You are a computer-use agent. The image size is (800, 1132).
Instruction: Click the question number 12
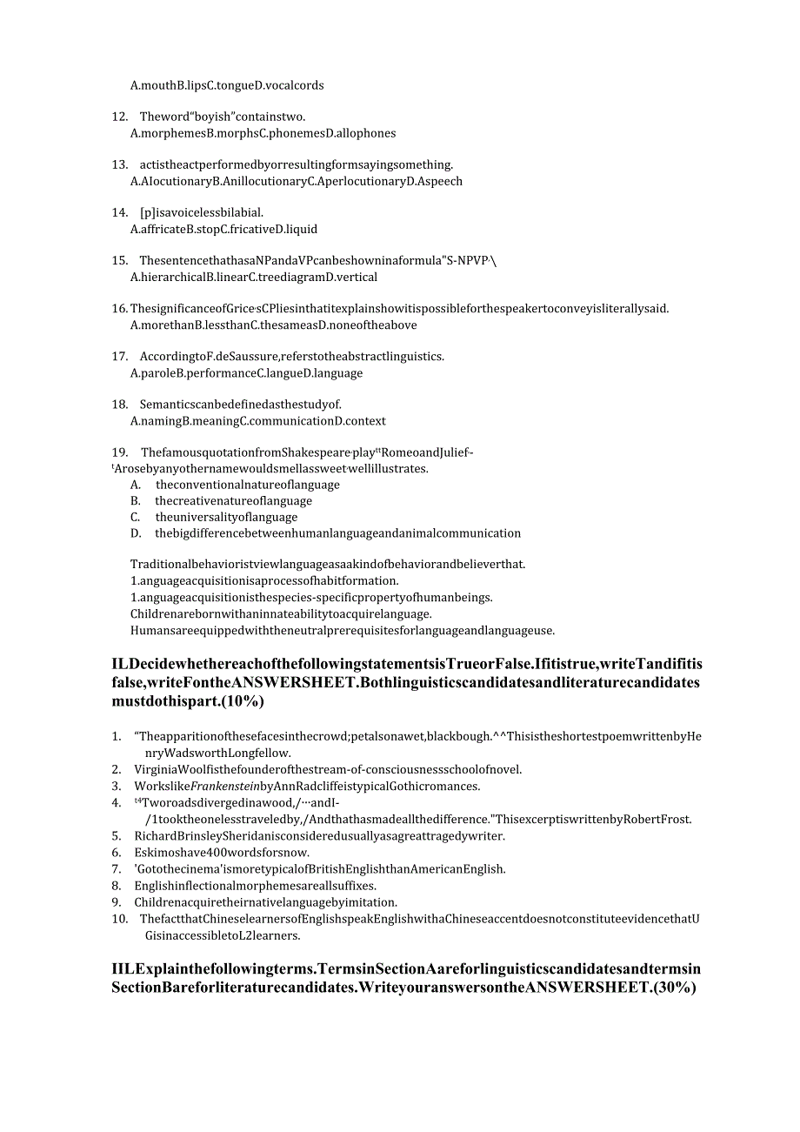(x=120, y=117)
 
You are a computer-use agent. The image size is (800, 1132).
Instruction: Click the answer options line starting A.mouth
(x=227, y=85)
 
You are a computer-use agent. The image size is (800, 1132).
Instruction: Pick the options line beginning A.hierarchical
(x=253, y=278)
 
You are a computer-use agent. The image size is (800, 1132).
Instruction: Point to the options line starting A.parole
(x=246, y=373)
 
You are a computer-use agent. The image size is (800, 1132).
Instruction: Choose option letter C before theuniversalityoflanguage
(x=135, y=518)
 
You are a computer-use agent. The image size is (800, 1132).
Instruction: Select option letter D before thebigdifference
(x=135, y=533)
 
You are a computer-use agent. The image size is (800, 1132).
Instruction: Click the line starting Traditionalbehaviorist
(x=328, y=564)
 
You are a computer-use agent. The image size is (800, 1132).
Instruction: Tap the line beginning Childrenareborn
(x=281, y=613)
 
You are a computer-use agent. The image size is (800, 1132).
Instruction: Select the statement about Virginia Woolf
(x=328, y=770)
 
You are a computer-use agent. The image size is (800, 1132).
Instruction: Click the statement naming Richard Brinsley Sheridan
(x=319, y=836)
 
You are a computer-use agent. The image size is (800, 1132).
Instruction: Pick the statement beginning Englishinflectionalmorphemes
(x=255, y=886)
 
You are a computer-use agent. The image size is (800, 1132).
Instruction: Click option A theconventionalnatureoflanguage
(x=247, y=485)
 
